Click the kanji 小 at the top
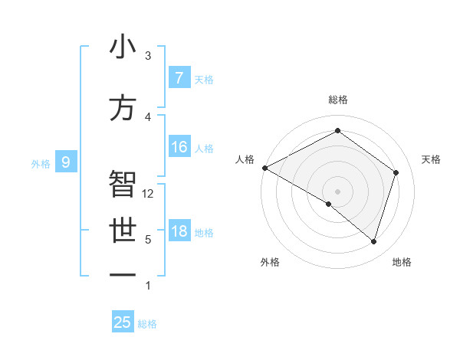[x=123, y=47]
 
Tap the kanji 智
[x=123, y=184]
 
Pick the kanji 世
[x=123, y=231]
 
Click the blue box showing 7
[x=179, y=78]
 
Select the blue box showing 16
[x=179, y=147]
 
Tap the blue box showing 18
[x=179, y=231]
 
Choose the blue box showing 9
[x=67, y=162]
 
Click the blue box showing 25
[x=123, y=322]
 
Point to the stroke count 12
[x=148, y=194]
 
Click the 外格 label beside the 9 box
[x=40, y=162]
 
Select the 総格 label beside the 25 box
[x=147, y=323]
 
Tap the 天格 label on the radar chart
[x=431, y=159]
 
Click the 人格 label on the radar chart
[x=245, y=159]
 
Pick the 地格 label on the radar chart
[x=402, y=262]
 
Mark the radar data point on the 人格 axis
[x=264, y=168]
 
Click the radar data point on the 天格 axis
[x=396, y=172]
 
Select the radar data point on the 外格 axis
[x=329, y=204]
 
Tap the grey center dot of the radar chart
[x=337, y=191]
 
